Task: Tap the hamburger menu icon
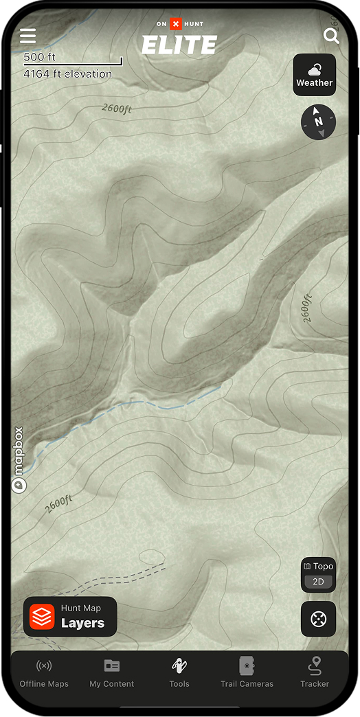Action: point(27,36)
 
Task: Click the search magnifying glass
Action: point(331,36)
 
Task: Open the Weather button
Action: point(315,75)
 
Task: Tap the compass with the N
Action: point(319,122)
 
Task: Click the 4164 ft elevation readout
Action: point(67,73)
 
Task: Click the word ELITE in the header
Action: point(179,45)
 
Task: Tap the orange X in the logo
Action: point(175,24)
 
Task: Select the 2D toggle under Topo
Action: point(318,582)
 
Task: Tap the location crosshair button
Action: point(319,619)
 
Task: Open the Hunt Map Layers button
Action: point(70,617)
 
